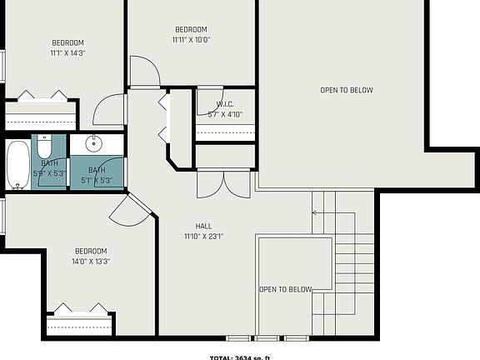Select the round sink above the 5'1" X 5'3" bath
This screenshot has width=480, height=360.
(94, 143)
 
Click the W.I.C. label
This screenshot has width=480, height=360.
(225, 104)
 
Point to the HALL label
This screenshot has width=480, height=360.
(203, 226)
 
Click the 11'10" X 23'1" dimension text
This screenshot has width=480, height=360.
(203, 236)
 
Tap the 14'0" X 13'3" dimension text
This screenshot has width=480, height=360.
(91, 261)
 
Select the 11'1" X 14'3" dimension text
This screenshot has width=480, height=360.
(68, 52)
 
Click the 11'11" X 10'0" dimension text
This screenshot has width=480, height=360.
(191, 39)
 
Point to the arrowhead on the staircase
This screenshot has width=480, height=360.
(315, 212)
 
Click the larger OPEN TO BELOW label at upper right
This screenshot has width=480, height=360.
(347, 90)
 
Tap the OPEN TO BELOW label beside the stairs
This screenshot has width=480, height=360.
(285, 289)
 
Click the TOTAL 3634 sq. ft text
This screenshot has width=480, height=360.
(240, 357)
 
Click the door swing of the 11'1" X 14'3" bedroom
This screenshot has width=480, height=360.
(108, 110)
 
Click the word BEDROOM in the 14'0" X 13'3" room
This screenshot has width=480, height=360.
(91, 251)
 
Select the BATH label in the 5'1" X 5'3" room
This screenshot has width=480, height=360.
(97, 169)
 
